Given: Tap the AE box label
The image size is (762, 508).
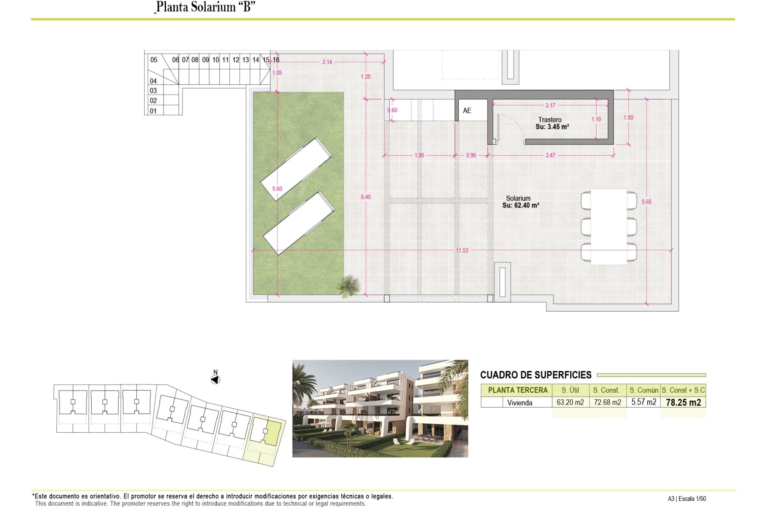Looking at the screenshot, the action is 467,111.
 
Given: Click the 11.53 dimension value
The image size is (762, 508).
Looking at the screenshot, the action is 462,250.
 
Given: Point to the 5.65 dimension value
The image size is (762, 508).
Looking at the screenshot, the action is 647,202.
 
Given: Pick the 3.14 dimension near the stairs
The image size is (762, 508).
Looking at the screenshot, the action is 327,62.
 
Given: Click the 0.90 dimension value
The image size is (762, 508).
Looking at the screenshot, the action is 471,155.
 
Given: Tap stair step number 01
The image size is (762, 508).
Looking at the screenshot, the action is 153,111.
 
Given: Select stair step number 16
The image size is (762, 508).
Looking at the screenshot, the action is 276,60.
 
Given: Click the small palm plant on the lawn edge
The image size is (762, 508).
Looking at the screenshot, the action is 348,286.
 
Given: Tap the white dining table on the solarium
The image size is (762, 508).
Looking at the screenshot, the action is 609,227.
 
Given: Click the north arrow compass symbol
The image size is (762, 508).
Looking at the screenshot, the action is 215,380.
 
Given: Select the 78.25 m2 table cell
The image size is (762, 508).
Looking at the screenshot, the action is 683,402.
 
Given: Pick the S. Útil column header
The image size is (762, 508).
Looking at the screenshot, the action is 570,390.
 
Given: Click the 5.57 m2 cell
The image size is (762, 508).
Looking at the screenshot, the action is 644,402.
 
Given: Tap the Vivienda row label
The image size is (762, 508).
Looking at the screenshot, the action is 520,403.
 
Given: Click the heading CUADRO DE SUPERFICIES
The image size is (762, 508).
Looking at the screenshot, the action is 536,375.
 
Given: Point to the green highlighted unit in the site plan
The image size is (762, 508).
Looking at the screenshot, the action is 273,432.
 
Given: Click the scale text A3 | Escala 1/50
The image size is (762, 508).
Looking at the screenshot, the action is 687,499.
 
